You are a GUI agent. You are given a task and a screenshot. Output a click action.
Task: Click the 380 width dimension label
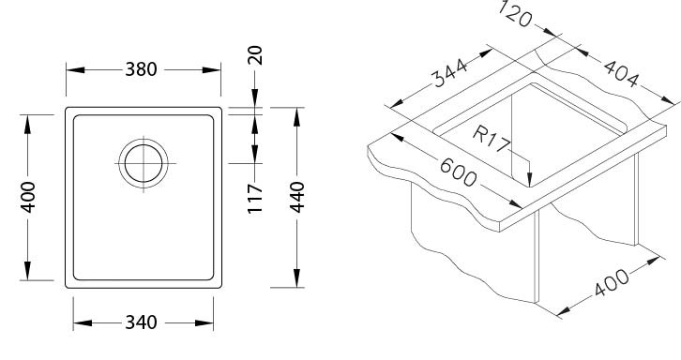(x=141, y=69)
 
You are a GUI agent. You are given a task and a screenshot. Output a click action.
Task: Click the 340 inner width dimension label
(x=141, y=322)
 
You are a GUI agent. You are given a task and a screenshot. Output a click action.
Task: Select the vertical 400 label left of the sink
(x=28, y=197)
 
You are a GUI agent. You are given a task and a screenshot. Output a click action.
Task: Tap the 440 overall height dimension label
(x=297, y=197)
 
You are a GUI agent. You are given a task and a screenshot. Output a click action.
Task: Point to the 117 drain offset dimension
(x=255, y=199)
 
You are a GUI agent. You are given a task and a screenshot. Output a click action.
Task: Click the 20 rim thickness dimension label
(x=255, y=55)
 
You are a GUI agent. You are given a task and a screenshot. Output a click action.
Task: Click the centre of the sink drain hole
(x=144, y=163)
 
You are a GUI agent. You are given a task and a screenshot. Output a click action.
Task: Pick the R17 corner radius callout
(x=491, y=139)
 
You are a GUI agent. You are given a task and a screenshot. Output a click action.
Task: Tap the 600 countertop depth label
(x=458, y=172)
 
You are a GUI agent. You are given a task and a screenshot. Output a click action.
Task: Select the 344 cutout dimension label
(x=449, y=72)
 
